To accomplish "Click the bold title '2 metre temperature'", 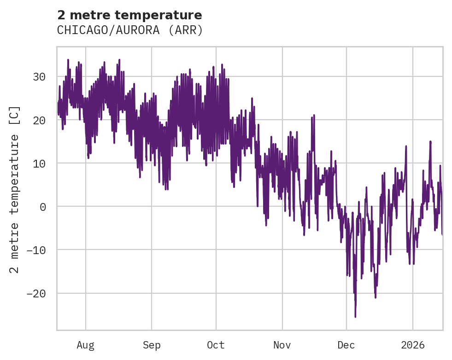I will [129, 15].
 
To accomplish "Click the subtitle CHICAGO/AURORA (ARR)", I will [129, 30].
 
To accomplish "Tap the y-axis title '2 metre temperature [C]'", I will [15, 189].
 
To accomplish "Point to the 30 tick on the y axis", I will [39, 77].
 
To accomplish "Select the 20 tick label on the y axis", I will [39, 120].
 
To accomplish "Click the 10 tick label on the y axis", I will [39, 163].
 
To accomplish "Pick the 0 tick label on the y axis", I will [43, 207].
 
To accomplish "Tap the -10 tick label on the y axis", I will [36, 250].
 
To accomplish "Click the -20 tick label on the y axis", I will [36, 293].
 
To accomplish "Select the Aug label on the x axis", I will [85, 345].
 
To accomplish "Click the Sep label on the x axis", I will [151, 345].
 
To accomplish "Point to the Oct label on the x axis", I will [216, 345].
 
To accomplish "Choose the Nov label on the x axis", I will [282, 345].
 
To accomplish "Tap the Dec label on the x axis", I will [346, 345].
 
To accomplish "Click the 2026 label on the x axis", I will [413, 345].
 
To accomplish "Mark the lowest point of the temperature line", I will [355, 317].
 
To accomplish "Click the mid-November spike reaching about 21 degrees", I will [314, 116].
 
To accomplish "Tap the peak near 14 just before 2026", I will [406, 146].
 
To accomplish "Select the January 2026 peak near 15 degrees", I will [430, 141].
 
